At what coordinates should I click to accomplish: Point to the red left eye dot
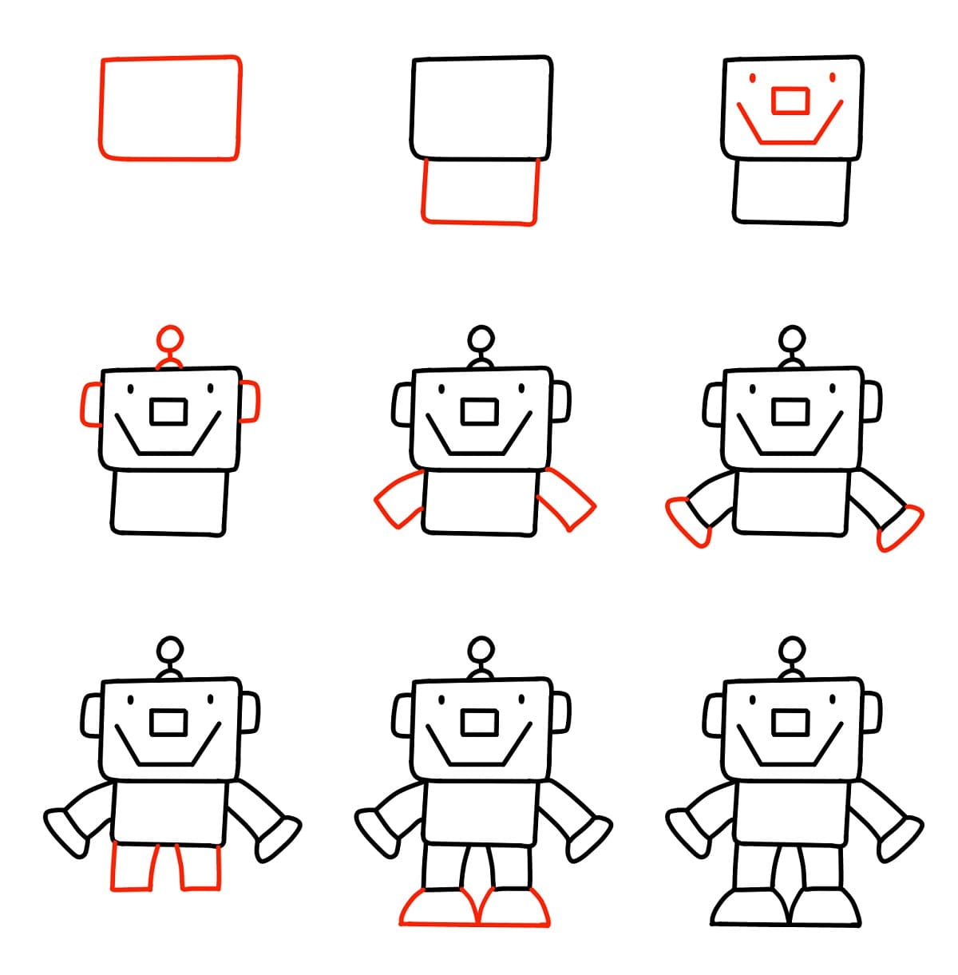pyautogui.click(x=751, y=78)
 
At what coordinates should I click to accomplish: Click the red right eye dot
pyautogui.click(x=832, y=78)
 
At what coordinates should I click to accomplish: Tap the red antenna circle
pyautogui.click(x=168, y=337)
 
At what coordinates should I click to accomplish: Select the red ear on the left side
pyautogui.click(x=90, y=403)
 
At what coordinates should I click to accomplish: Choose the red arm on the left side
pyautogui.click(x=399, y=499)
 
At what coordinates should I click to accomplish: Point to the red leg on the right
pyautogui.click(x=200, y=866)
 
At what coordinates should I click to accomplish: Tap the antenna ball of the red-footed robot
pyautogui.click(x=480, y=648)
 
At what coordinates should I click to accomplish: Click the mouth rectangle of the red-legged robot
pyautogui.click(x=168, y=723)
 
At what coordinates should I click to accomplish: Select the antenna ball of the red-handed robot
pyautogui.click(x=791, y=337)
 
